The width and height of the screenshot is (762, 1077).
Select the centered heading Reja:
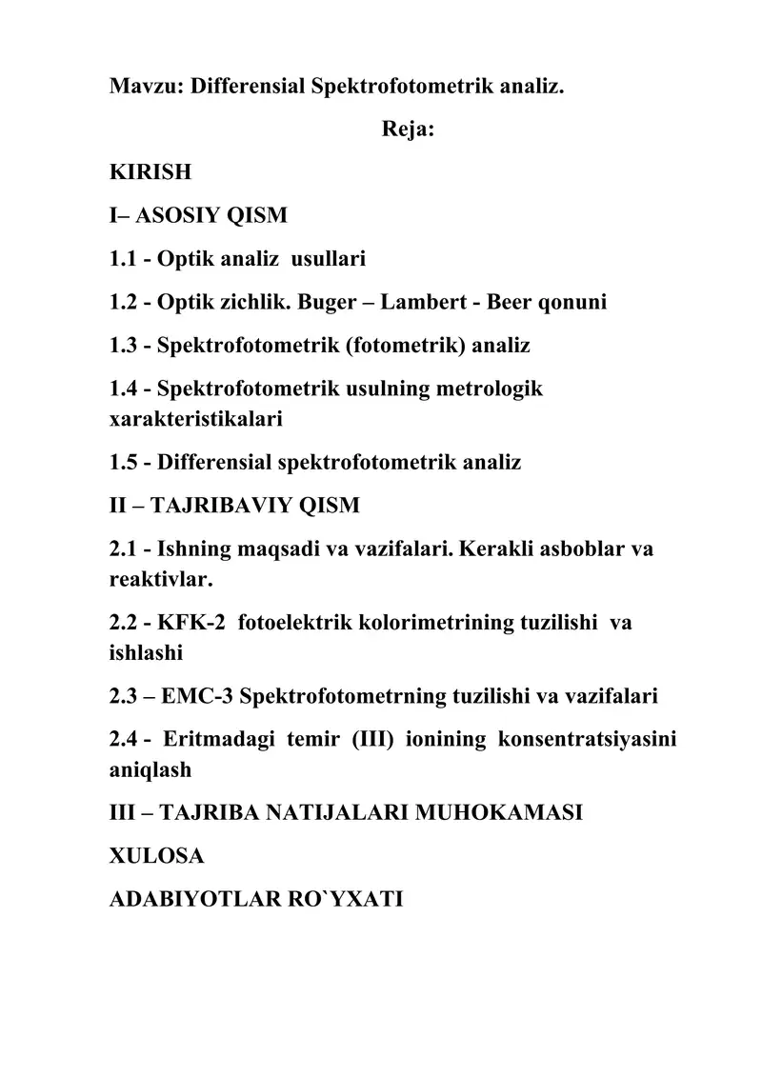tap(409, 130)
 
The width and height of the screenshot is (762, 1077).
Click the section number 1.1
tap(124, 258)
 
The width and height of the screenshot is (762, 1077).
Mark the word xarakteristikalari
tap(195, 417)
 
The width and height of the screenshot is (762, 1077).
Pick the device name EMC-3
tap(198, 696)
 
